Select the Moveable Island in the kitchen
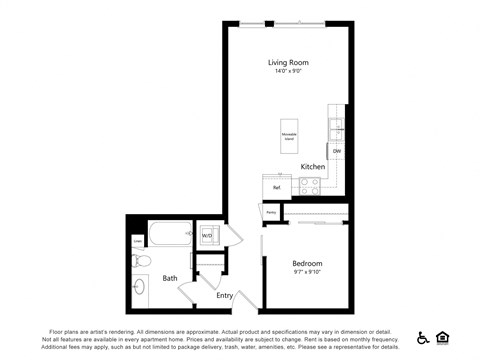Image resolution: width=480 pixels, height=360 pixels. click(288, 136)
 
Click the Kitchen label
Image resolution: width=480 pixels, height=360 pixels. click(312, 166)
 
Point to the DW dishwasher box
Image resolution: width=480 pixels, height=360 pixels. click(337, 151)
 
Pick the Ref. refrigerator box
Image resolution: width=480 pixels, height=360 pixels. click(277, 186)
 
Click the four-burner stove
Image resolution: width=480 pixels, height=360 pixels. click(309, 185)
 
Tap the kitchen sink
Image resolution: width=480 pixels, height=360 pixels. click(337, 128)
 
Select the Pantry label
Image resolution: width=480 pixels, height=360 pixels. click(271, 212)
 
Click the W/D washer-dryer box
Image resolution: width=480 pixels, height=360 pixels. click(209, 236)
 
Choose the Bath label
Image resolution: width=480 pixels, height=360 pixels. click(170, 278)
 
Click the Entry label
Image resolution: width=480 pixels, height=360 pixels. click(224, 295)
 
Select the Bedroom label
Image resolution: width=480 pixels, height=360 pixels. click(308, 263)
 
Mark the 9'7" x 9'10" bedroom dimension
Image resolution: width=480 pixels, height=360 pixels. click(308, 272)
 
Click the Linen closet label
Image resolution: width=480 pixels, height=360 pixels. click(137, 240)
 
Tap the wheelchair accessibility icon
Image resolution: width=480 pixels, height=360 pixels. click(423, 338)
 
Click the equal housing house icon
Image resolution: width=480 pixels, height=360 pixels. click(443, 338)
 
